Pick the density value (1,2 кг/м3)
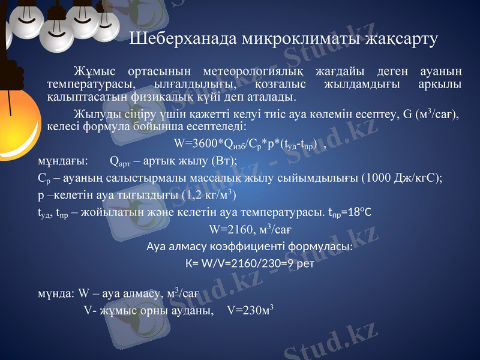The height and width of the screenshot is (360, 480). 208,195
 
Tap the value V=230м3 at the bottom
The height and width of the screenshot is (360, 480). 251,311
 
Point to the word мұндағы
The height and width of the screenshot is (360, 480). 62,161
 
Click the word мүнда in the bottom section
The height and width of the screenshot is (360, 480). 56,294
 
